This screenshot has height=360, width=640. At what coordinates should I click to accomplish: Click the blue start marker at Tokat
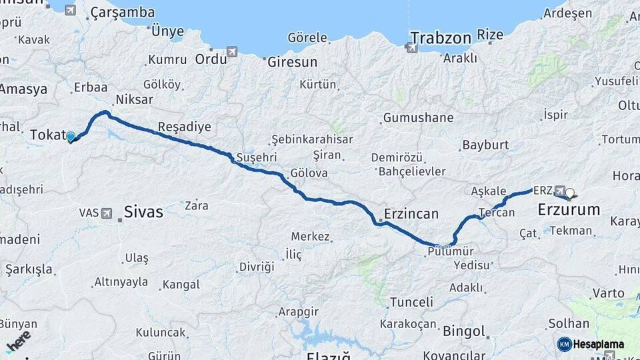[x=71, y=137]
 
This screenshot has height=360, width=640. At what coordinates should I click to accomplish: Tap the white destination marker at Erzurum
[x=570, y=195]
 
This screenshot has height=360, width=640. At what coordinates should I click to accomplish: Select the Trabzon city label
[x=441, y=37]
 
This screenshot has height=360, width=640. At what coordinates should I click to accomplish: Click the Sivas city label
[x=143, y=212]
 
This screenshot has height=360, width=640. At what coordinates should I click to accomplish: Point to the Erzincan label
[x=411, y=214]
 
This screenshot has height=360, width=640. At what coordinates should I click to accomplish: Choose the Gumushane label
[x=418, y=118]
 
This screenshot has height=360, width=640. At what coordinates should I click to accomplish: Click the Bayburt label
[x=485, y=145]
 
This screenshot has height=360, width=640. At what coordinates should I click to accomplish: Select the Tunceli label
[x=411, y=302]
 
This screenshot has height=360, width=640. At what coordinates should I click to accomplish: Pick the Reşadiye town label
[x=185, y=127]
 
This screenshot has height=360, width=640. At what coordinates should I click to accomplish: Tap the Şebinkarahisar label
[x=307, y=139]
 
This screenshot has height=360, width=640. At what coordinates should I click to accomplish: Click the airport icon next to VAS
[x=107, y=213]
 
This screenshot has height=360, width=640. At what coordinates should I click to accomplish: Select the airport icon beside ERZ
[x=559, y=190]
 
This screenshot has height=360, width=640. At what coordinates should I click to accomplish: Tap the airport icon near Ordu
[x=232, y=51]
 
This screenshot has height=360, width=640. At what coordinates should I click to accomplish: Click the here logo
[x=18, y=341]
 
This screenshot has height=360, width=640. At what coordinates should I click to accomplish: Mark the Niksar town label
[x=134, y=99]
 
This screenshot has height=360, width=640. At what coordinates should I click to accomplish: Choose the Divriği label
[x=257, y=266]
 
